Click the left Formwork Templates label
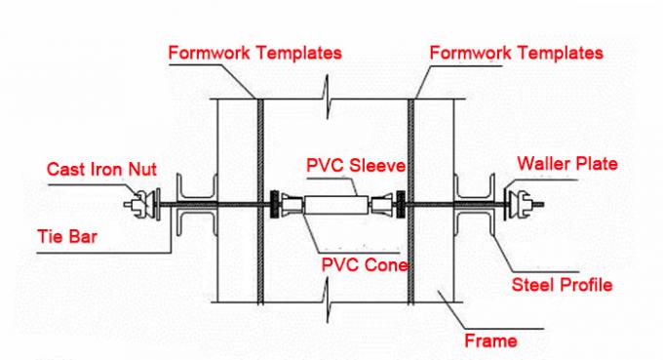(x=254, y=53)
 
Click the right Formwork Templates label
(x=516, y=52)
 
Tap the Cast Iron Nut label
(x=101, y=170)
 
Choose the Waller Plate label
(x=567, y=164)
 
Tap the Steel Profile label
(x=562, y=285)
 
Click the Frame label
(x=491, y=341)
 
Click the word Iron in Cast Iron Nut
(x=104, y=170)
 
